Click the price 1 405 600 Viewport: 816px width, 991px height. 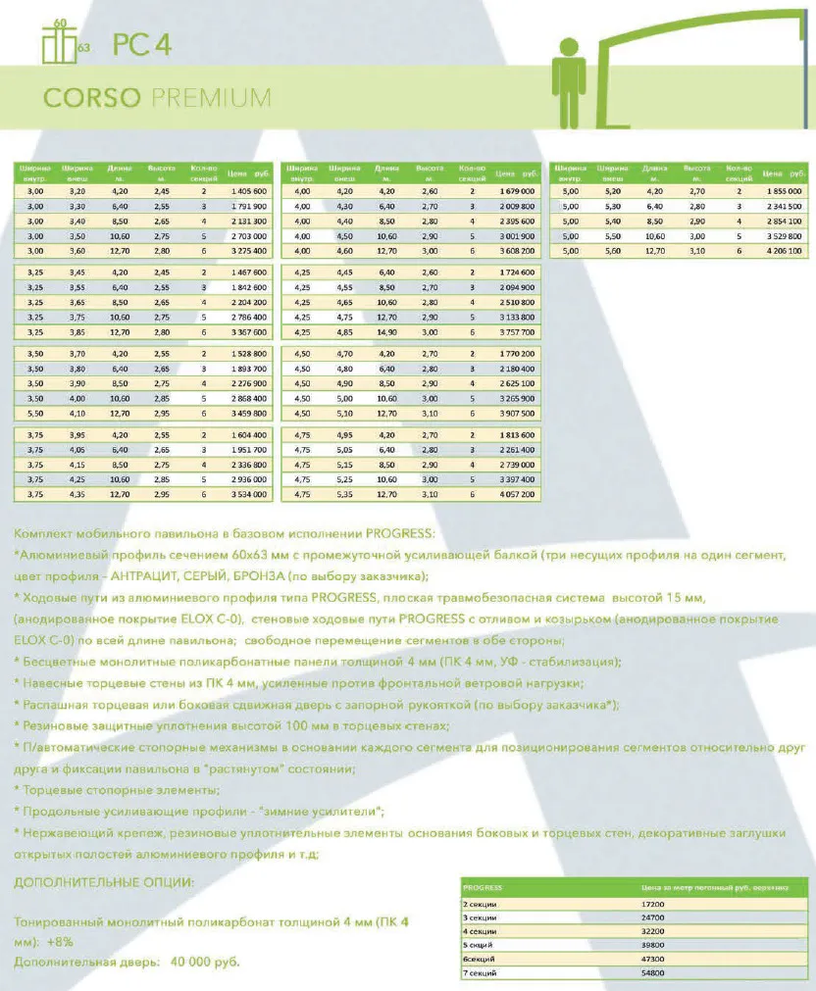[x=246, y=191]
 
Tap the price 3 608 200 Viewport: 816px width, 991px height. [x=515, y=251]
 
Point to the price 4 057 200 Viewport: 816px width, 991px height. [x=515, y=495]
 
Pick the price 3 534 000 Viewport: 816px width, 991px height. [x=246, y=495]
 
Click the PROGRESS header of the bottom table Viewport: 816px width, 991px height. [x=483, y=885]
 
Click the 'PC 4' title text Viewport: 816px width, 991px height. [x=142, y=46]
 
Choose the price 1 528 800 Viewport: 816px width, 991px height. [x=246, y=353]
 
